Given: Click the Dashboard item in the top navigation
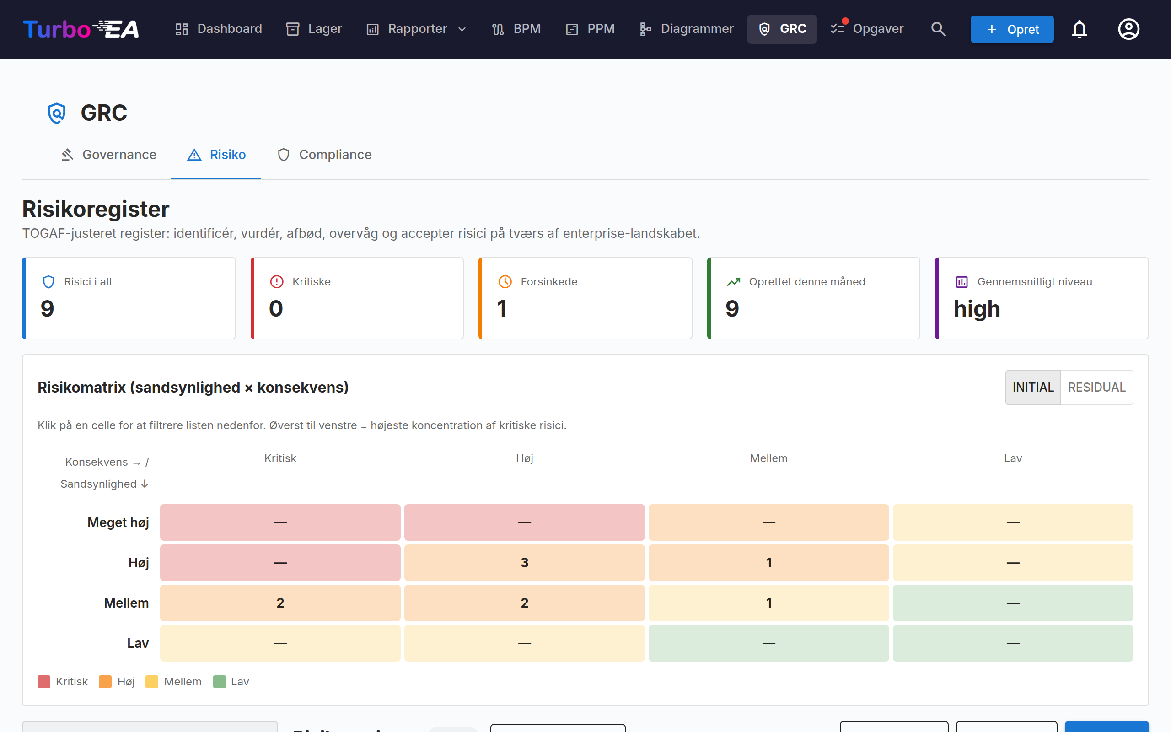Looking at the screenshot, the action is click(218, 29).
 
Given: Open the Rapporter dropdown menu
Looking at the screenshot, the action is click(417, 29).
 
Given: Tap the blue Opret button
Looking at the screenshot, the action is click(1012, 29).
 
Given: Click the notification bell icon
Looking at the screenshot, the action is click(1079, 29).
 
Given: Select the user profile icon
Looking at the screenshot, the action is click(1128, 29).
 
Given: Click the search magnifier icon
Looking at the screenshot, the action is click(938, 29).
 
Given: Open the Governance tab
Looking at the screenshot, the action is click(109, 155).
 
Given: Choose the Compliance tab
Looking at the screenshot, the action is click(325, 155).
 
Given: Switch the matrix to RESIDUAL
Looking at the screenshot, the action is click(1096, 388).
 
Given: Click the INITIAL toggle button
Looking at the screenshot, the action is click(1033, 388).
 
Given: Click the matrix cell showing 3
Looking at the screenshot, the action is click(525, 563).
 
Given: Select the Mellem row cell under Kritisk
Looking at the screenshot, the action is click(280, 603).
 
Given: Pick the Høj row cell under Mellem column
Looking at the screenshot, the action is click(768, 563).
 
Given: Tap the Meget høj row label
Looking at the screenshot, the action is click(118, 522).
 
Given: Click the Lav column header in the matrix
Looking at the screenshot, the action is click(1013, 458).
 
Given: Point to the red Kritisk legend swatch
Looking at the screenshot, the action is click(44, 682).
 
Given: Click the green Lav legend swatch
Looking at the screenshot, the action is click(220, 682).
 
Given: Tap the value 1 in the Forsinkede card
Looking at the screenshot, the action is click(502, 309).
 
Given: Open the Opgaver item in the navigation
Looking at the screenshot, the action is click(867, 29).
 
